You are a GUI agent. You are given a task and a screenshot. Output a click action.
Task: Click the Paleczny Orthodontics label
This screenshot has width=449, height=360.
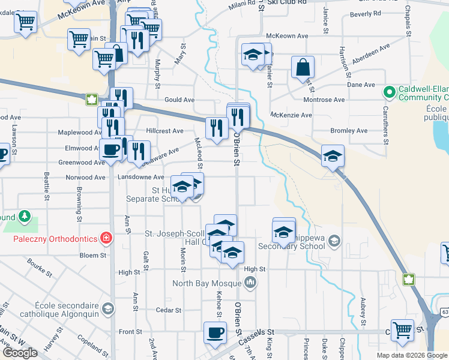click(55, 239)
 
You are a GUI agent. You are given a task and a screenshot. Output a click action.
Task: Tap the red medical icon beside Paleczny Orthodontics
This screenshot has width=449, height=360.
click(107, 238)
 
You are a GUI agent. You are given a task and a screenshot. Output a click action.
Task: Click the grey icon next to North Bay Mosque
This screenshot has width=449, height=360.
click(251, 281)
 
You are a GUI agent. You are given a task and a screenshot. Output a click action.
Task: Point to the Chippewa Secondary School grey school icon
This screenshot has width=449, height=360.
click(334, 241)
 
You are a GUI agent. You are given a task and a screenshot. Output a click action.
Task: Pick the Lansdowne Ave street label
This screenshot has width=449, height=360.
click(140, 177)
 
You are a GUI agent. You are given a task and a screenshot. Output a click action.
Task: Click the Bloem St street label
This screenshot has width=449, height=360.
click(94, 255)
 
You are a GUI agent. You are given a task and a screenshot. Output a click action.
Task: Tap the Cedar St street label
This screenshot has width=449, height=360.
click(169, 310)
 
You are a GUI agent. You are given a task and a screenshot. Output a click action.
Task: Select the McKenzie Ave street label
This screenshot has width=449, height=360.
click(291, 115)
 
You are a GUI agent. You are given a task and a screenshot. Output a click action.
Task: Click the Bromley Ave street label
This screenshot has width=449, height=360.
click(349, 130)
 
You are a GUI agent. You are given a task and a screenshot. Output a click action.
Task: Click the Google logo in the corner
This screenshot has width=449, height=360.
click(19, 353)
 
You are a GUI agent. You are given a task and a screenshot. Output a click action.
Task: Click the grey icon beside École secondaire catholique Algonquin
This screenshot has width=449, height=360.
click(107, 309)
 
